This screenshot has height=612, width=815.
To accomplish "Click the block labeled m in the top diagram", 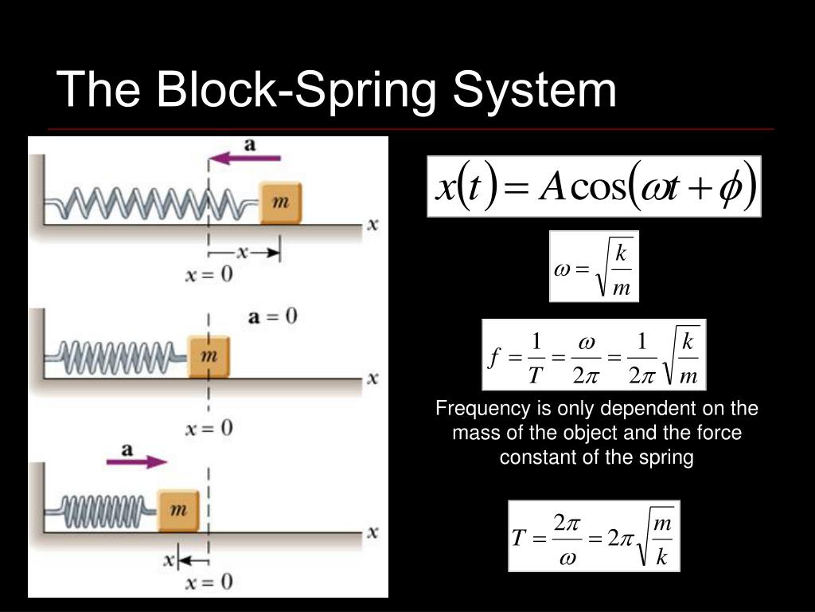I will pyautogui.click(x=280, y=203).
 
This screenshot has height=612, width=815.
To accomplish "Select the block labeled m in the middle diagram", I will pyautogui.click(x=209, y=355).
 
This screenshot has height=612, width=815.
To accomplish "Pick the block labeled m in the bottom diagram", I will pyautogui.click(x=177, y=510).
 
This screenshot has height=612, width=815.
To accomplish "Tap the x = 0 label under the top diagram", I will pyautogui.click(x=209, y=275).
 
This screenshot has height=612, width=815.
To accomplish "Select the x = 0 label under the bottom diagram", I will pyautogui.click(x=209, y=583).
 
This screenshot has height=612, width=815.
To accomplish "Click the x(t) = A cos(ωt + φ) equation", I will pyautogui.click(x=595, y=186).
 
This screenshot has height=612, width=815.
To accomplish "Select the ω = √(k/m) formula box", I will pyautogui.click(x=594, y=266).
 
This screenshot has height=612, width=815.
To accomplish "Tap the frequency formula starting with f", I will pyautogui.click(x=594, y=355).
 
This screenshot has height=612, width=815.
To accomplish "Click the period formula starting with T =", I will pyautogui.click(x=594, y=535).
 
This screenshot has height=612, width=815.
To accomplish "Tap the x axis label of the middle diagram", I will pyautogui.click(x=372, y=379).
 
